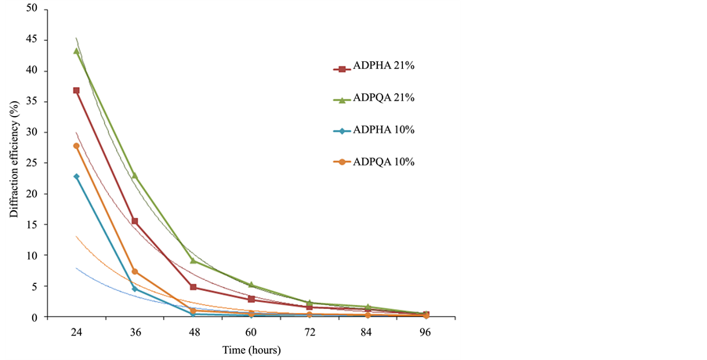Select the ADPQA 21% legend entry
pyautogui.click(x=373, y=99)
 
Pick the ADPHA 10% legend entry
pyautogui.click(x=373, y=130)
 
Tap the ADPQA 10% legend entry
pyautogui.click(x=373, y=162)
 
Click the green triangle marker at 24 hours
pyautogui.click(x=76, y=51)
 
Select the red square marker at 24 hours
pyautogui.click(x=76, y=91)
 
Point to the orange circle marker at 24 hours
pyautogui.click(x=76, y=146)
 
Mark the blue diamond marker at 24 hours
pyautogui.click(x=76, y=176)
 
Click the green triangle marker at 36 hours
pyautogui.click(x=135, y=176)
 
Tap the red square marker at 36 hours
pyautogui.click(x=135, y=221)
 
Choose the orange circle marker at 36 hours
pyautogui.click(x=135, y=271)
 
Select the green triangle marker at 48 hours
pyautogui.click(x=193, y=261)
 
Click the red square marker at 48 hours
pyautogui.click(x=193, y=287)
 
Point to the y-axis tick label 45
pyautogui.click(x=32, y=40)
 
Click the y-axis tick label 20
pyautogui.click(x=32, y=195)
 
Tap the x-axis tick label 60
pyautogui.click(x=251, y=333)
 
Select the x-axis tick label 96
pyautogui.click(x=426, y=333)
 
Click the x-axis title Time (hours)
pyautogui.click(x=251, y=351)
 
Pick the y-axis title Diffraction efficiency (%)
pyautogui.click(x=13, y=163)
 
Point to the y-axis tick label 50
pyautogui.click(x=32, y=9)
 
